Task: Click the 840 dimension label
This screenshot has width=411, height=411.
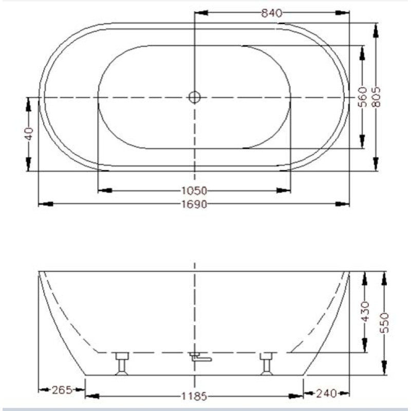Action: [272, 13]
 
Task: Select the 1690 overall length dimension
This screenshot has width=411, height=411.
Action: [194, 204]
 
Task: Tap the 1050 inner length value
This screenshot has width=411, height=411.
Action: [194, 191]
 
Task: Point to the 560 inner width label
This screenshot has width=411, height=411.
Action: [362, 97]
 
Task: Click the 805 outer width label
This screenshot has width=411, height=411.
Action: [376, 97]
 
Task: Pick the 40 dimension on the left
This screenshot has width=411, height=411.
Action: [29, 134]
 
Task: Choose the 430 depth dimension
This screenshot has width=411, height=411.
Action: [365, 311]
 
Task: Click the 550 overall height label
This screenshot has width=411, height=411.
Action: [384, 323]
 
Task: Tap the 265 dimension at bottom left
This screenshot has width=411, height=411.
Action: [62, 390]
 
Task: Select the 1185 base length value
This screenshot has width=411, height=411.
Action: [194, 396]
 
